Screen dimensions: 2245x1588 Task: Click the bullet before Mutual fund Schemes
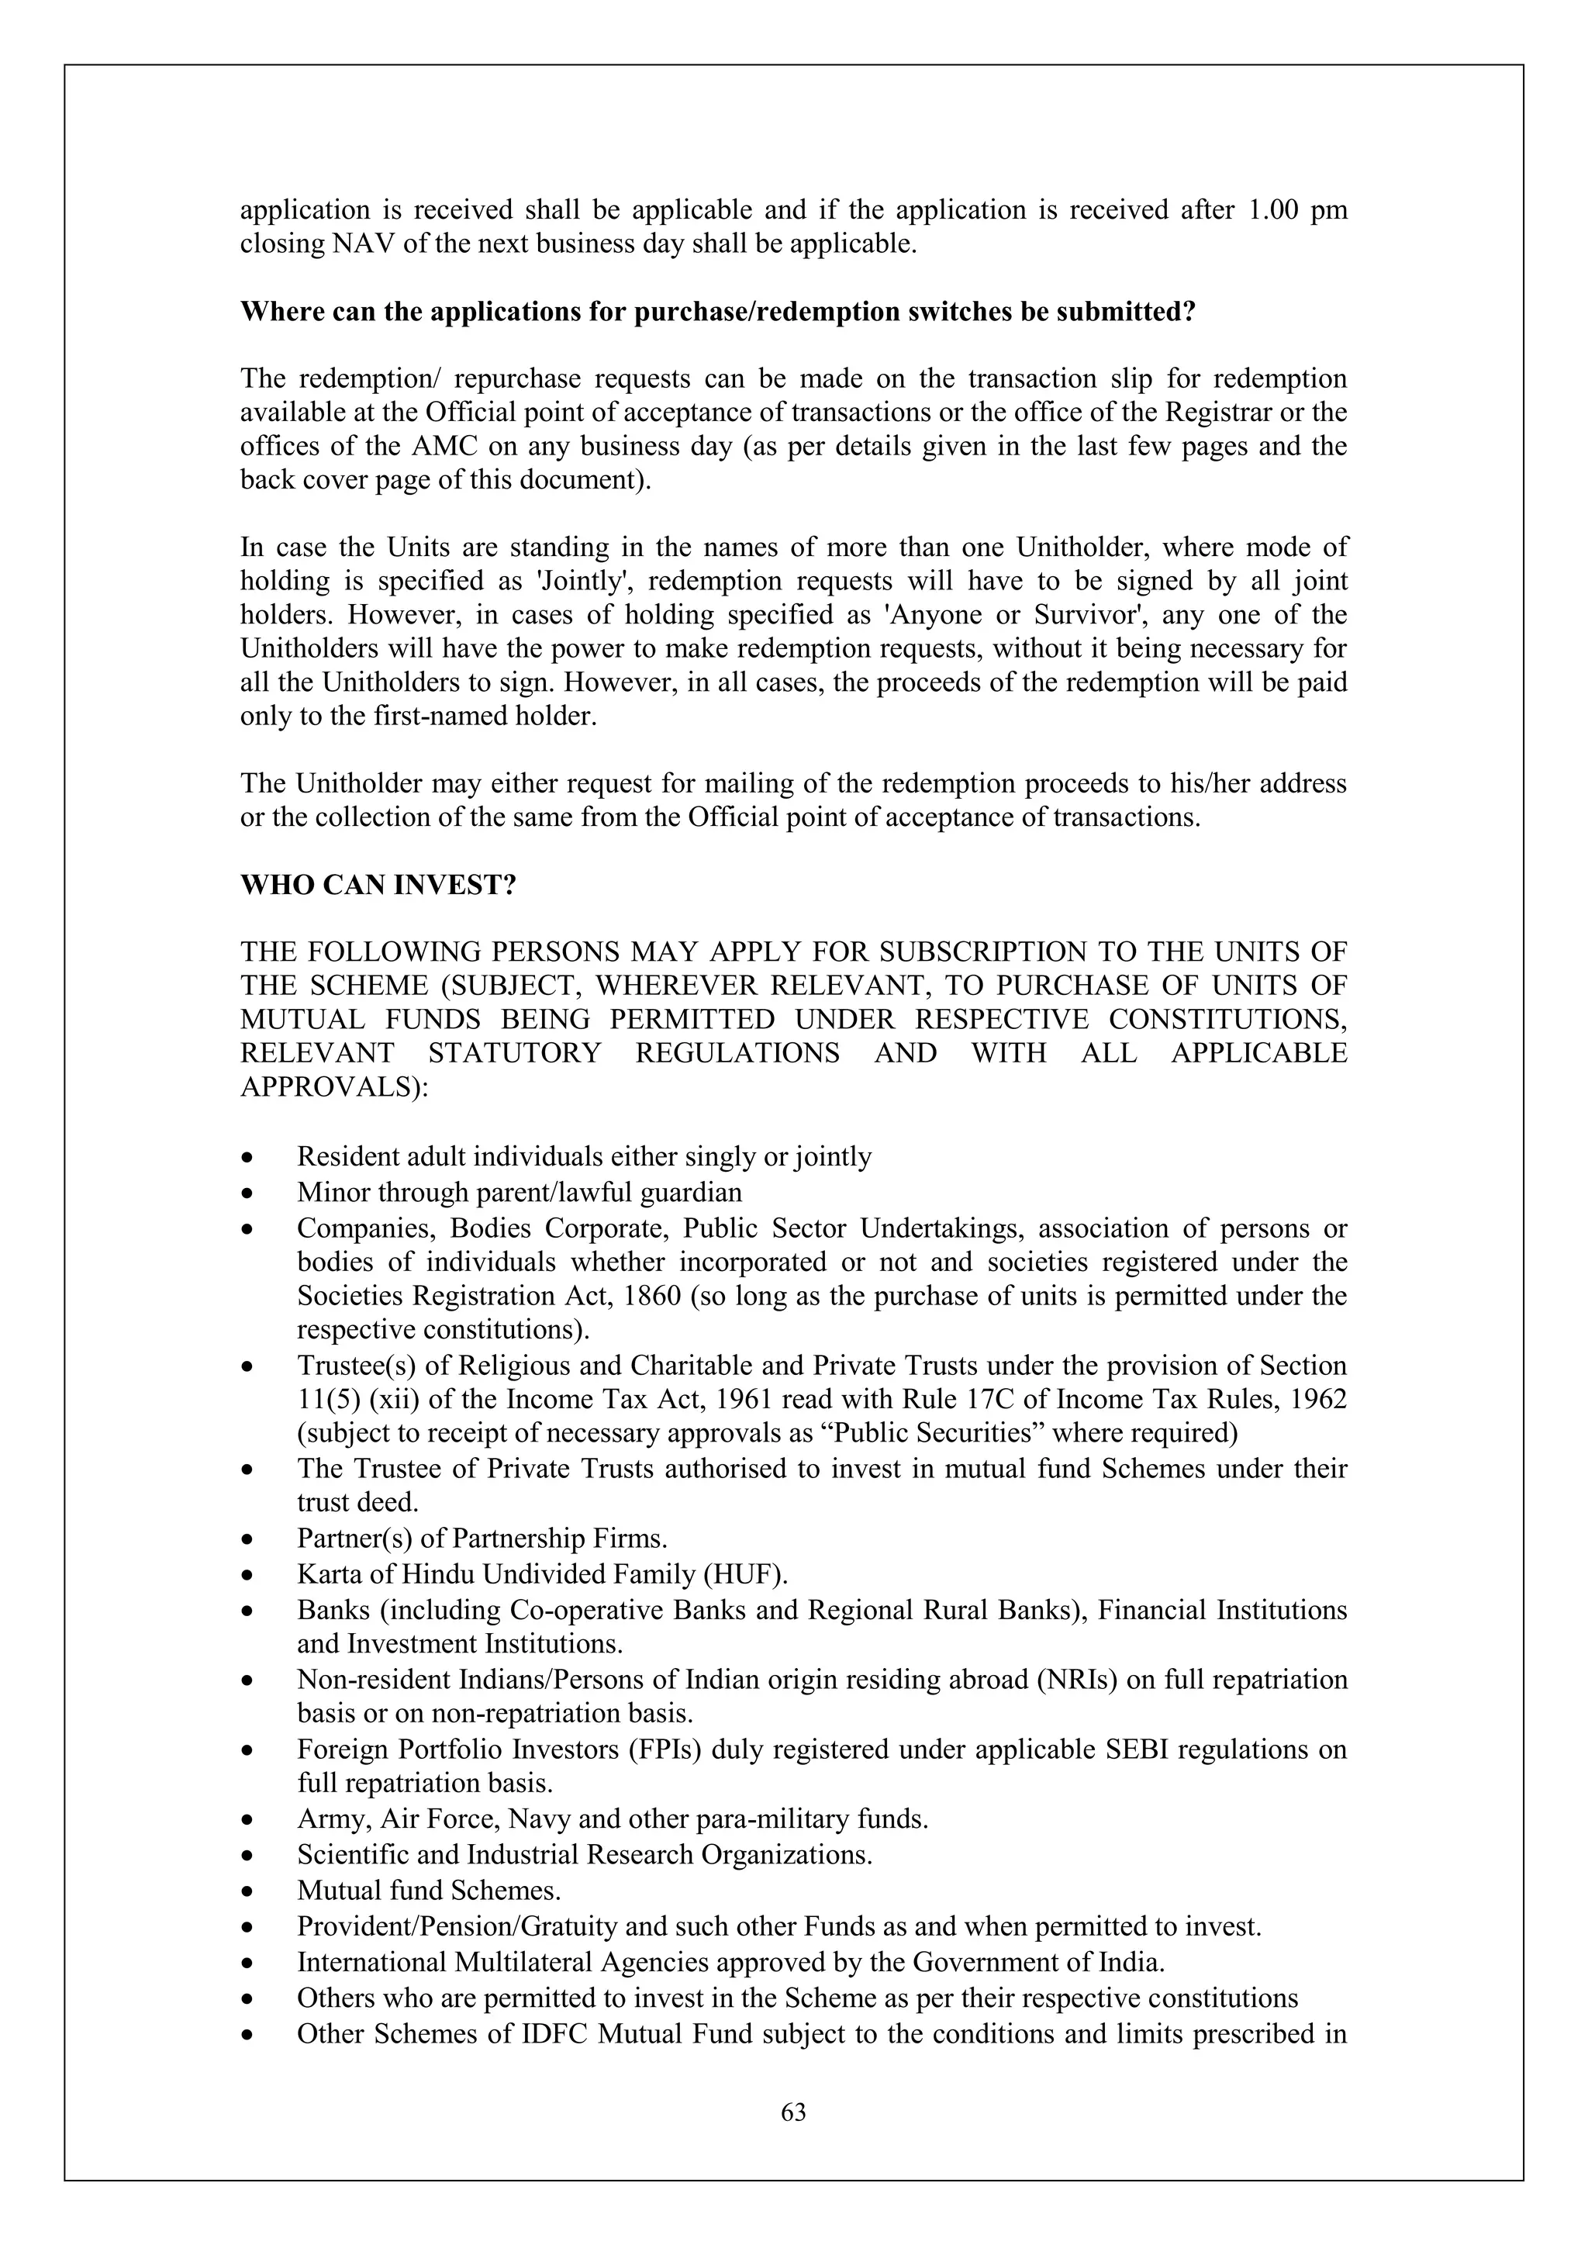pyautogui.click(x=250, y=1892)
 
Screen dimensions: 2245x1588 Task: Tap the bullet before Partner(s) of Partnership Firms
pyautogui.click(x=250, y=1540)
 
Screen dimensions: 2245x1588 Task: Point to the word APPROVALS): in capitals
pyautogui.click(x=334, y=1087)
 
